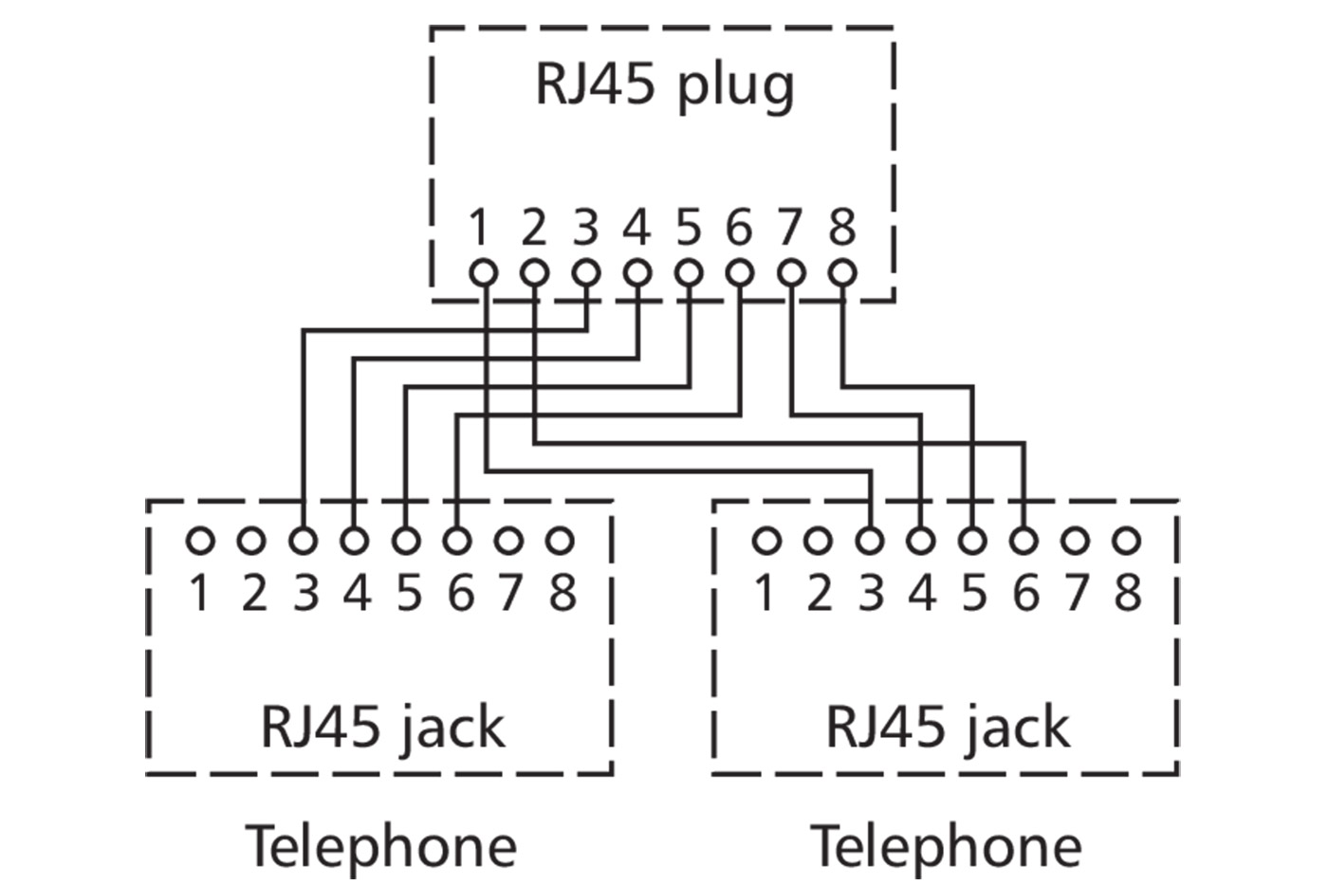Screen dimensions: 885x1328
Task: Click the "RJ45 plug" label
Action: tap(664, 85)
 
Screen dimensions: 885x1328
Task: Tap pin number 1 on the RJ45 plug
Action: tap(480, 229)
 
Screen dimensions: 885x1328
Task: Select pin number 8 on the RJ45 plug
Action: tap(841, 229)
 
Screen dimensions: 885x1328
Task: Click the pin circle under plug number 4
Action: tap(637, 273)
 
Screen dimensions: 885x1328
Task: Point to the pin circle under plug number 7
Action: tap(791, 273)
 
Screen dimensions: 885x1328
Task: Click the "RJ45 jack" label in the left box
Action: tap(381, 728)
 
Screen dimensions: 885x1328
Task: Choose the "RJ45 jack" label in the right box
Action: tap(947, 728)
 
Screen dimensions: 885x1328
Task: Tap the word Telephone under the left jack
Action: tap(381, 845)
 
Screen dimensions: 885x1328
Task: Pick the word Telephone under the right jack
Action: tap(947, 845)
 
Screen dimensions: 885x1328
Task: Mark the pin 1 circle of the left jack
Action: tap(199, 542)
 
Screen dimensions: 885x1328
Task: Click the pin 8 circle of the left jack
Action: tap(561, 542)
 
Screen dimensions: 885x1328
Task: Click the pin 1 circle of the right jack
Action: tap(765, 542)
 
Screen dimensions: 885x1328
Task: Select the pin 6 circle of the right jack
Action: tap(1024, 542)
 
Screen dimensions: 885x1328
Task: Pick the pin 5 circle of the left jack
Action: tap(406, 542)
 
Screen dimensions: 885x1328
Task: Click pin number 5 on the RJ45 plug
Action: tap(689, 229)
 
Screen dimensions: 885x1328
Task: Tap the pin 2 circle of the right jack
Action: tap(817, 542)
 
